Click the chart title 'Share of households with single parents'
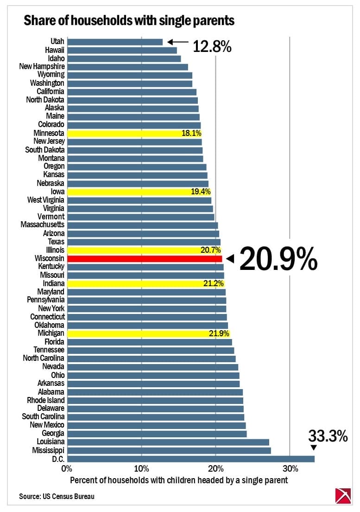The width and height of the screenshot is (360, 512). [x=129, y=20]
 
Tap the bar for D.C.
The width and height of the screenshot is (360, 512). [x=190, y=459]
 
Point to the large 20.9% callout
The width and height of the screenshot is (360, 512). [x=278, y=259]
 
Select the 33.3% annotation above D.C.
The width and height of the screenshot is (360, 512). [x=328, y=436]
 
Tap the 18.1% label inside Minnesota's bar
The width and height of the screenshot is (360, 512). [x=191, y=133]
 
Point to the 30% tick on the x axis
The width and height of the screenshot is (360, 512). [x=289, y=468]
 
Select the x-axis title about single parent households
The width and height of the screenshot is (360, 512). [x=179, y=480]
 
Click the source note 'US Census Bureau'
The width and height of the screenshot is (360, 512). [x=57, y=497]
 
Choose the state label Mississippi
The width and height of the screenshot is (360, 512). [x=48, y=450]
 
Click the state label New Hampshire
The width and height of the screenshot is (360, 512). [x=42, y=66]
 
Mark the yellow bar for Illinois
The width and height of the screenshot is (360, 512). [x=144, y=250]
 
